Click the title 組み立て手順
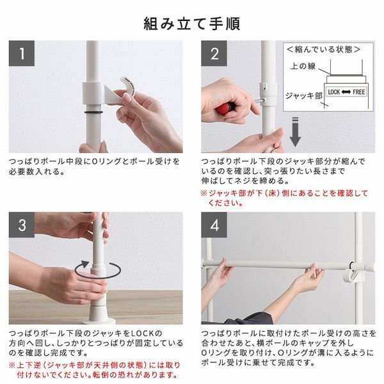coord(191,24)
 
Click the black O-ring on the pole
coord(93,110)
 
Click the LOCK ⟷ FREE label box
coord(346,92)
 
